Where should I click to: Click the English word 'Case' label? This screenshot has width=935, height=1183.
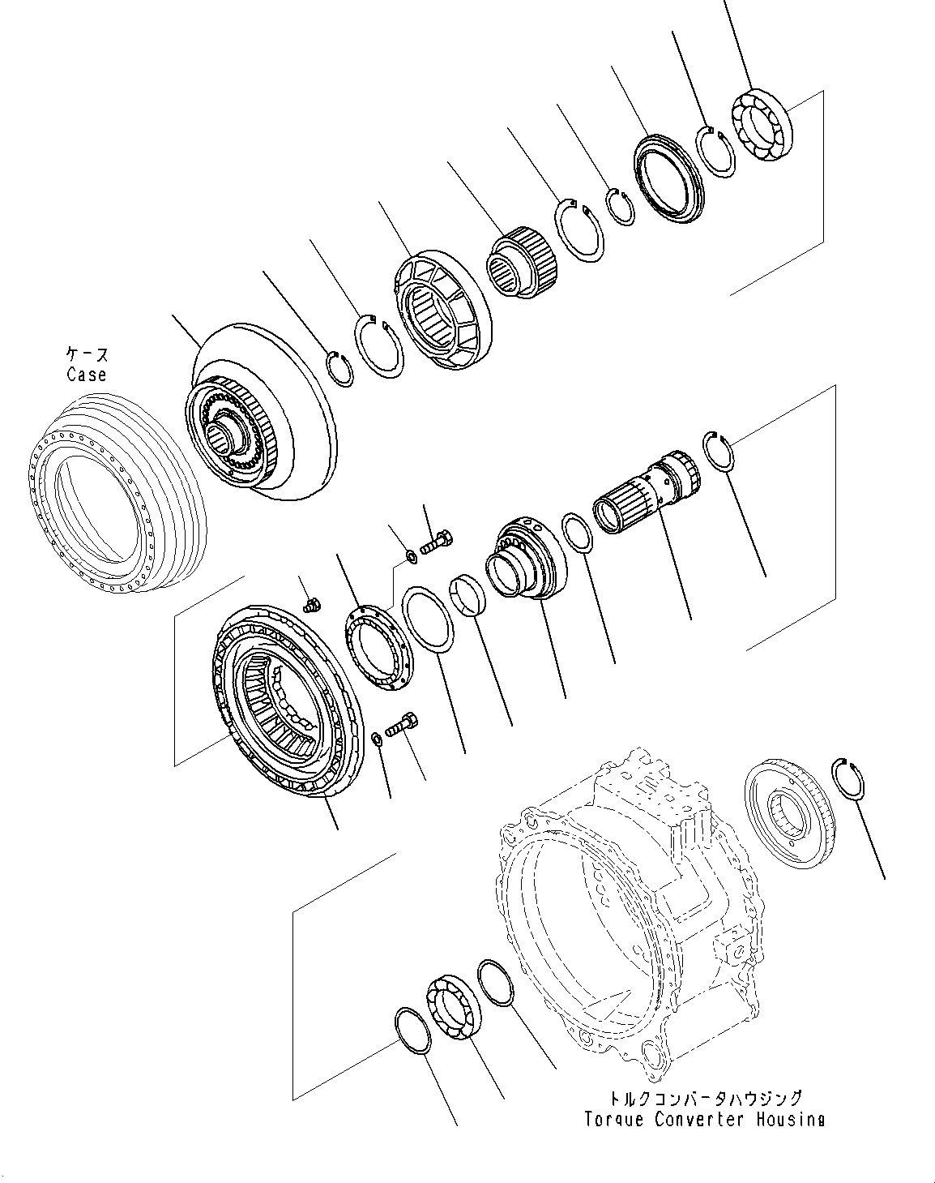pos(87,375)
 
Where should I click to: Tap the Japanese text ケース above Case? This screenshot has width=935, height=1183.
pos(87,355)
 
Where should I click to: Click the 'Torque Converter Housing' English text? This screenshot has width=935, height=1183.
pos(704,1120)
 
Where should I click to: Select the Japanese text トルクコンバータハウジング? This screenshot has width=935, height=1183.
pos(704,1099)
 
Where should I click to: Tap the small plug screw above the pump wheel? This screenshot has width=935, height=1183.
pos(309,604)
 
